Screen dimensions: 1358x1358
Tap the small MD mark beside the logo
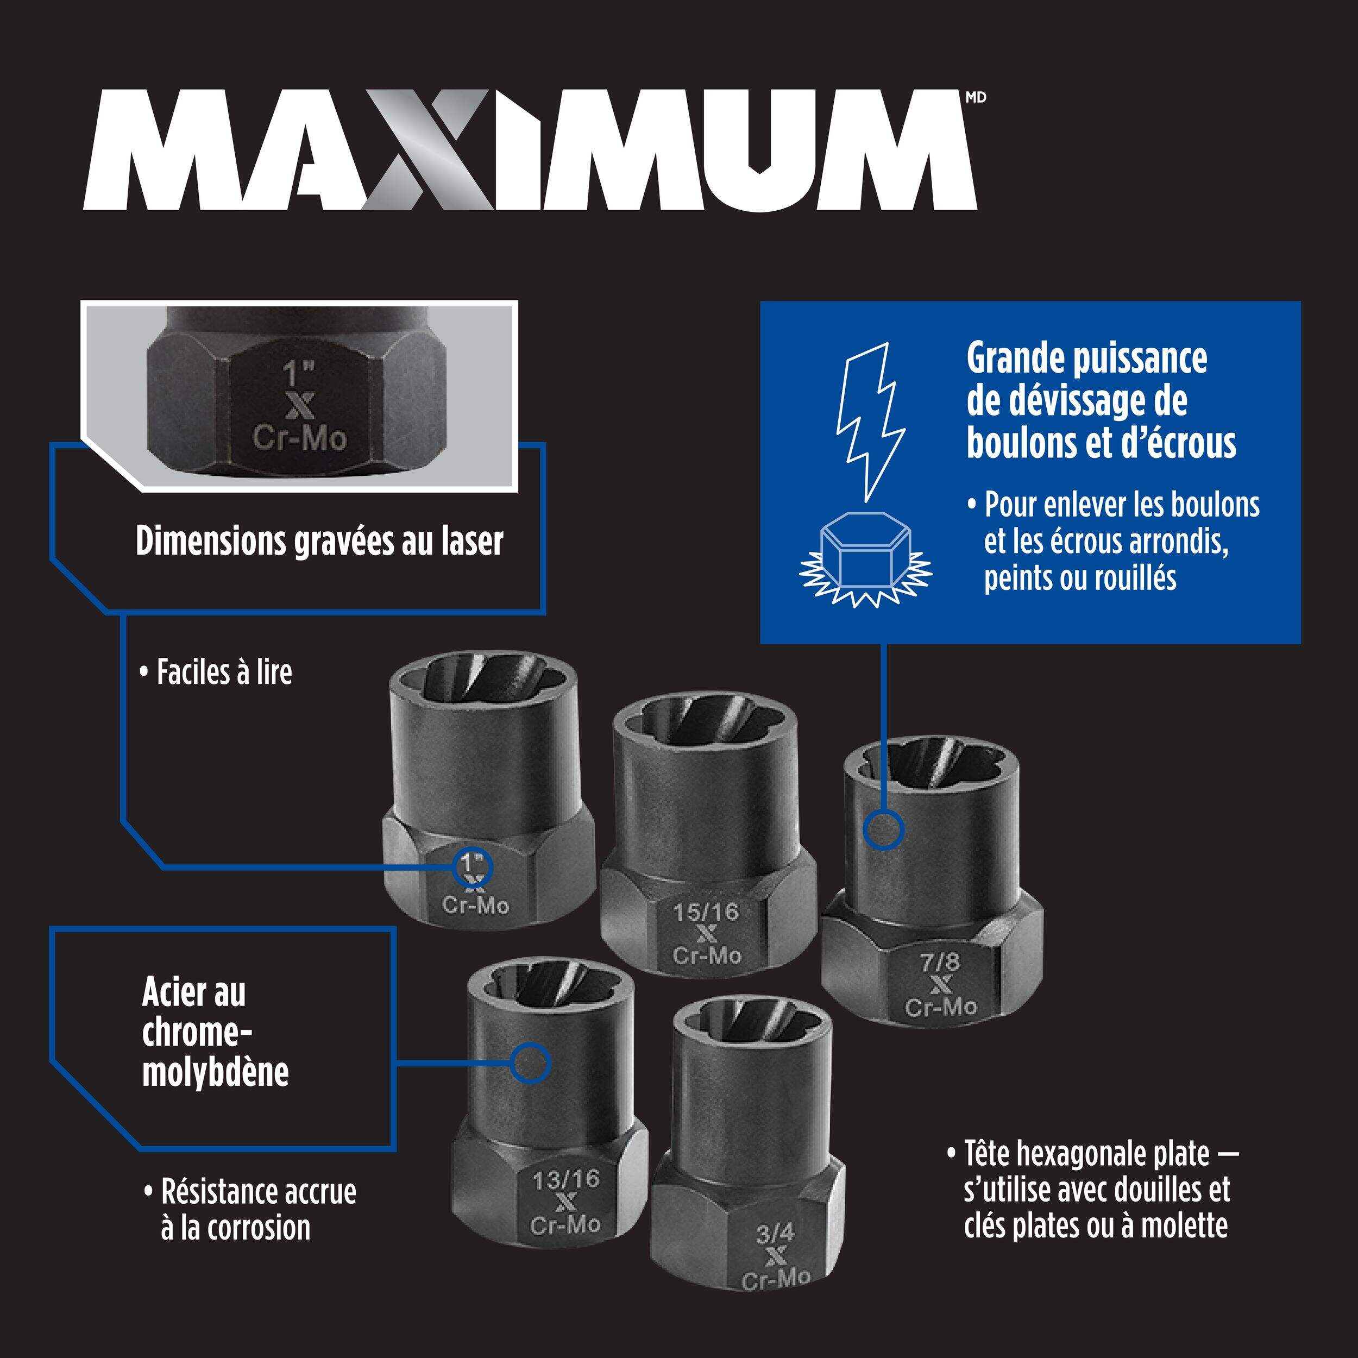(976, 98)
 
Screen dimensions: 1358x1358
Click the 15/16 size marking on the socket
(706, 913)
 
